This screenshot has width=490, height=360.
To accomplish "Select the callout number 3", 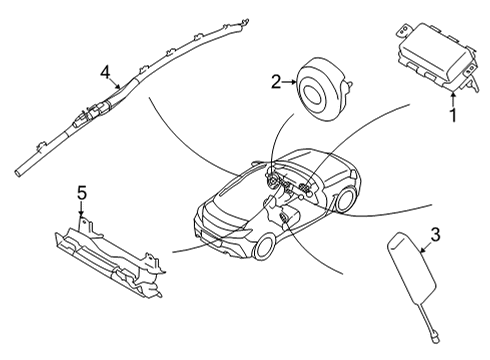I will point(435,236).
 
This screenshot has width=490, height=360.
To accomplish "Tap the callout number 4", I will point(104,71).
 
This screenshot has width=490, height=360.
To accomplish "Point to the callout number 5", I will point(82,192).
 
